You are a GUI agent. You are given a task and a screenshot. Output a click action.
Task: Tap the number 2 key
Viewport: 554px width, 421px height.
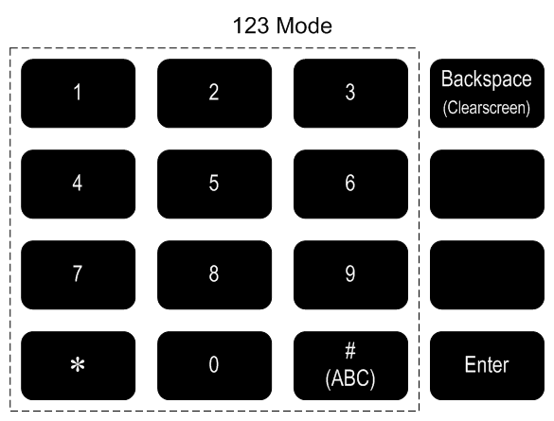click(x=214, y=93)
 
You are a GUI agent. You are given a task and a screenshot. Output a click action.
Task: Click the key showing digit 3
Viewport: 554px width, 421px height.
click(x=350, y=93)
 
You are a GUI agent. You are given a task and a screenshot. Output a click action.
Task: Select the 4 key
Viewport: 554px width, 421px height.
click(x=78, y=184)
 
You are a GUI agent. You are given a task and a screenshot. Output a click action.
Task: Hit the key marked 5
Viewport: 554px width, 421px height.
click(x=214, y=184)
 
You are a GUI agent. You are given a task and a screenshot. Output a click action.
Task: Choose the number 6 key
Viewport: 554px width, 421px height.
click(x=350, y=184)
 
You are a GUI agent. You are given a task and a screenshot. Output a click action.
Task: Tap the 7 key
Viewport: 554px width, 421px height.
click(x=78, y=275)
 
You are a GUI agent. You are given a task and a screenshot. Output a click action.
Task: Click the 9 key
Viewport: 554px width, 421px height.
click(x=350, y=275)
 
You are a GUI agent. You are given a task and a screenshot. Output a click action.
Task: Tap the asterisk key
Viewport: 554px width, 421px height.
click(x=78, y=365)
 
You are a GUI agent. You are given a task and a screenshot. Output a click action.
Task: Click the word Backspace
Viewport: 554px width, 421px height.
click(x=487, y=79)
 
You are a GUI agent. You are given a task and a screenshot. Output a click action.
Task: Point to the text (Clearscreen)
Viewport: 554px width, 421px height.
click(x=487, y=107)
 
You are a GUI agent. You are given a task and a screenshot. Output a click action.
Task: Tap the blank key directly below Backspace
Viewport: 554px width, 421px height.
click(x=487, y=184)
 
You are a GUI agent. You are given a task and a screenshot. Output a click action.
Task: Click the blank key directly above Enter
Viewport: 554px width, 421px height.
click(x=487, y=275)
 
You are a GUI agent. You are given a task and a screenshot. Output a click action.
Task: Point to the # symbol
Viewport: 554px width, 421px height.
click(x=350, y=350)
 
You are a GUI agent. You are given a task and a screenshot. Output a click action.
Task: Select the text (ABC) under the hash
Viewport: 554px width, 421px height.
click(x=350, y=378)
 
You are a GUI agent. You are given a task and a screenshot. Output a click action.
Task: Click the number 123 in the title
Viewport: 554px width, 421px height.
click(x=251, y=26)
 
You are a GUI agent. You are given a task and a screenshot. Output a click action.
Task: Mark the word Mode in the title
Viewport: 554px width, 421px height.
click(x=304, y=26)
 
